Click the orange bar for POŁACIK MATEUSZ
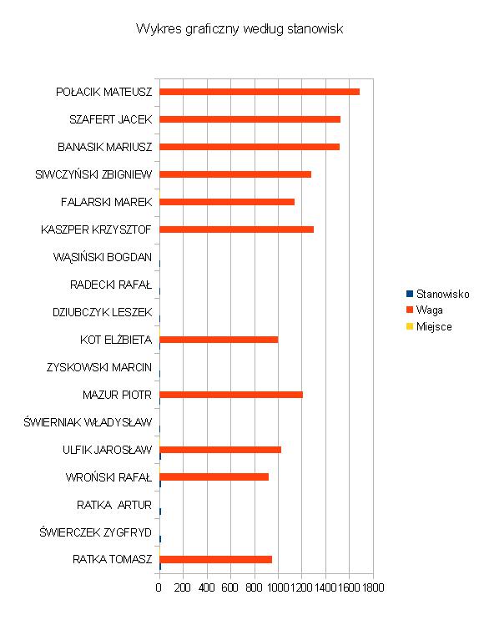260,92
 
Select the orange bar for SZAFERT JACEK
250,119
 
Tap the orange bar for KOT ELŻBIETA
219,340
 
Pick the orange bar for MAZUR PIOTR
231,395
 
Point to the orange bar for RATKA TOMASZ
215,560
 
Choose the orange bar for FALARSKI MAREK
227,202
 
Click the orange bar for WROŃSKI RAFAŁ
214,476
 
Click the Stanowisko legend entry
438,294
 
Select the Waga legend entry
425,310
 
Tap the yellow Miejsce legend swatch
410,326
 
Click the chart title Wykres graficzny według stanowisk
239,29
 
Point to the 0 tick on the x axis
159,587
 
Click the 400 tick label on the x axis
206,587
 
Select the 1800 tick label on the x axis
373,587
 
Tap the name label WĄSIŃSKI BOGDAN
103,257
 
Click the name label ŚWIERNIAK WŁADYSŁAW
88,422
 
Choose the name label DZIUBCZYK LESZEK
103,312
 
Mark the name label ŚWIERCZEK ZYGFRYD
95,532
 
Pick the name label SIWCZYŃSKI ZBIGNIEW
93,174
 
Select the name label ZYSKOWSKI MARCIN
99,367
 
